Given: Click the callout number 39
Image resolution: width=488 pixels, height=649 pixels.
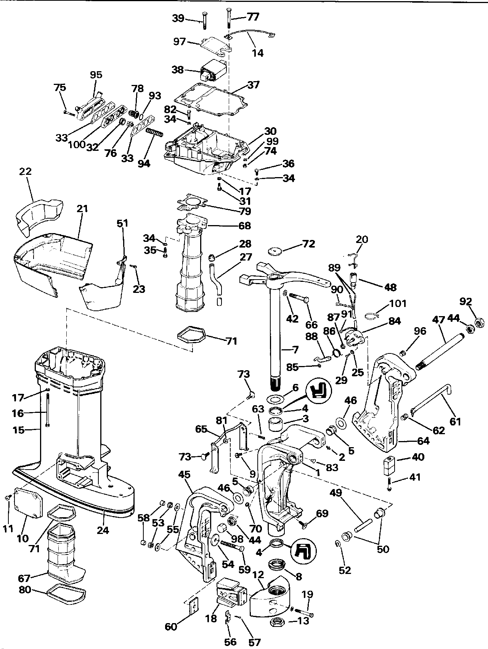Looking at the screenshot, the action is click(x=178, y=18).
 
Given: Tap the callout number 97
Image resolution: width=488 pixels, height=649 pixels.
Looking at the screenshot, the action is click(x=179, y=42).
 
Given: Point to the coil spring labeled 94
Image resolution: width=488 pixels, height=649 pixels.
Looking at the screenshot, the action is click(x=154, y=134).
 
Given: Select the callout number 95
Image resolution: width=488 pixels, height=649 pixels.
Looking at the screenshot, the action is click(x=96, y=75).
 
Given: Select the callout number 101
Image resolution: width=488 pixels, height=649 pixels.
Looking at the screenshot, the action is click(x=398, y=304).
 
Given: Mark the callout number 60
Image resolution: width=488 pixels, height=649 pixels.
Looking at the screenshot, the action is click(x=172, y=626).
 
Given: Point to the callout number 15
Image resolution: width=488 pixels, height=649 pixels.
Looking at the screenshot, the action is click(x=18, y=430).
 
